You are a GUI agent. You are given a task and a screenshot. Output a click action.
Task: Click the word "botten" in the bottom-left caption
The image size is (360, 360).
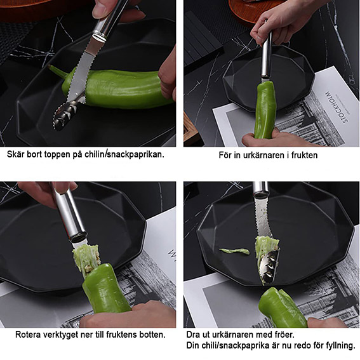[152, 335]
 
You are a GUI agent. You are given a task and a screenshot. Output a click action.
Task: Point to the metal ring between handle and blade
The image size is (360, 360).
[99, 37]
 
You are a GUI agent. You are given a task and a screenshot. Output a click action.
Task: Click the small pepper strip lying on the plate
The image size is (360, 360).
[234, 251]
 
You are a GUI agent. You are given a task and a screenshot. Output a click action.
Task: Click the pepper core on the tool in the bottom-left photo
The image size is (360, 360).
[86, 258]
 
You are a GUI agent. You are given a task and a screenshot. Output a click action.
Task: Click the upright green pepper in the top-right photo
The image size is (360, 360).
[264, 110]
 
